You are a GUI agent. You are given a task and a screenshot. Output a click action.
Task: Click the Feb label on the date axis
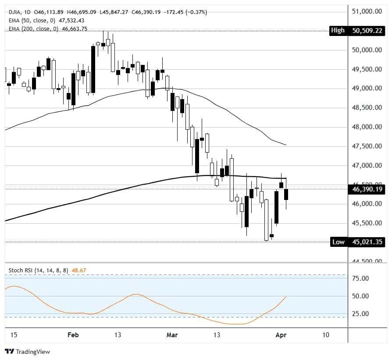point(73,335)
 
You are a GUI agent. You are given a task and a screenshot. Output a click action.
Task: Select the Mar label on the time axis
point(172,335)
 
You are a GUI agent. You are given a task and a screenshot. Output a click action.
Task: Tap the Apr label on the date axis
point(281,335)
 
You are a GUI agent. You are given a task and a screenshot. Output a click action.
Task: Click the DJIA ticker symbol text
point(14,12)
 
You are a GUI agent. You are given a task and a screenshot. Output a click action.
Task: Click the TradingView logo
point(27,352)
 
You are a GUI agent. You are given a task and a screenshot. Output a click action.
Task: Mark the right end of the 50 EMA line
point(286,145)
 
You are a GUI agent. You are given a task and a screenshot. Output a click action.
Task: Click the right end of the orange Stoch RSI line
point(286,297)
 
